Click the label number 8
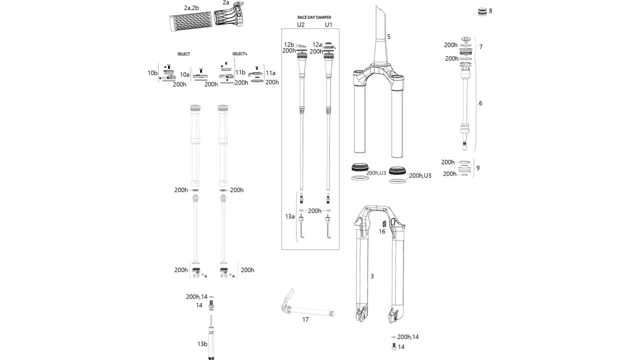[490, 10]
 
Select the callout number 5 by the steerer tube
[388, 36]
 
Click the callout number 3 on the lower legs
[372, 276]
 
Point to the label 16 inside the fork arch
[381, 231]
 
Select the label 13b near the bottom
[202, 344]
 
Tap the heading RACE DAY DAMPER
[314, 17]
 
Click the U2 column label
[300, 24]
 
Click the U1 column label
[328, 24]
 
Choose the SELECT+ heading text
[240, 53]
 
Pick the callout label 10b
[152, 73]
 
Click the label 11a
[270, 73]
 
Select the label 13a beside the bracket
[289, 216]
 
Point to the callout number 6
[480, 103]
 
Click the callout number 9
[478, 168]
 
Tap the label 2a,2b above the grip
[191, 8]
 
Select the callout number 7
[480, 47]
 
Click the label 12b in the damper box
[289, 44]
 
